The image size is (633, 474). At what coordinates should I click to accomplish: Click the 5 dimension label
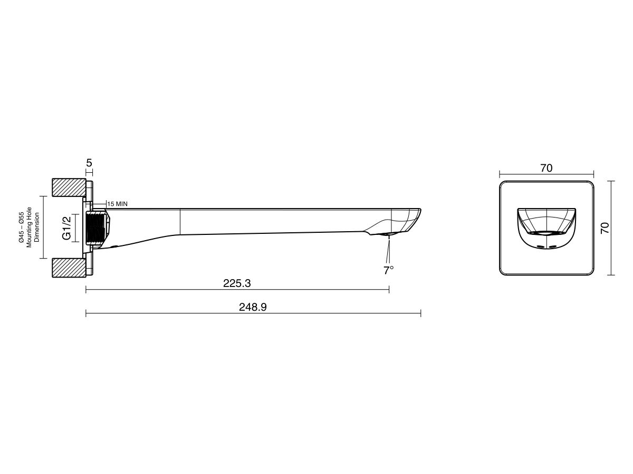[x=89, y=163]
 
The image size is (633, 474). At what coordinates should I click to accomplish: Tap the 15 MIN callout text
[x=118, y=204]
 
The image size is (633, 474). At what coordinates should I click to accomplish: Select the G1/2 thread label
[x=66, y=228]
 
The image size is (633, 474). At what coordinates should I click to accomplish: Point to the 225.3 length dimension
[x=237, y=283]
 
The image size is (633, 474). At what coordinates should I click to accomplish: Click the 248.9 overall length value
[x=253, y=307]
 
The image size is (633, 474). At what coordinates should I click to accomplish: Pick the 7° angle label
[x=388, y=270]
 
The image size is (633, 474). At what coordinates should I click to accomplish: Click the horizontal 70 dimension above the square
[x=546, y=168]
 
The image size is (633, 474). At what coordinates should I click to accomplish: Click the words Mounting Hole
[x=29, y=227]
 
